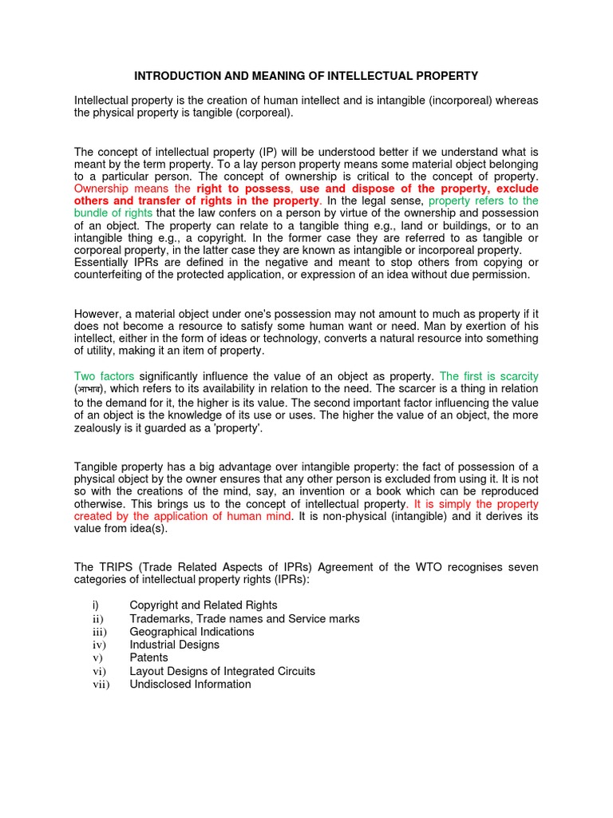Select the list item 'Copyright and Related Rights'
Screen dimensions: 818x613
click(203, 606)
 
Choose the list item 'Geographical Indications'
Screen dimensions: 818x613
click(192, 632)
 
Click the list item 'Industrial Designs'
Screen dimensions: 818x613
click(174, 645)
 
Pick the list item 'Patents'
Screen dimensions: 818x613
click(148, 658)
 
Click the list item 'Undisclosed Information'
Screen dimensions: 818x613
click(190, 684)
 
